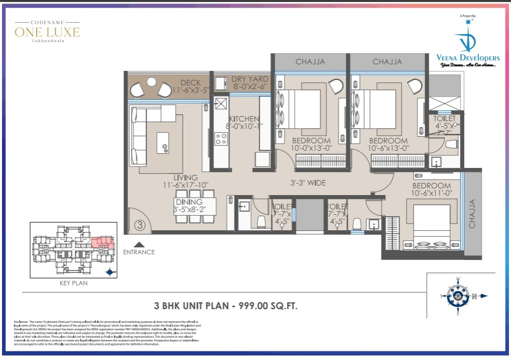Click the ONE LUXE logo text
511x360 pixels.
47,33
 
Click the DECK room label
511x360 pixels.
190,83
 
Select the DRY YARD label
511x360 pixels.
250,79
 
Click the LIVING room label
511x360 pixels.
185,178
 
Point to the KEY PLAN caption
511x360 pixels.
73,283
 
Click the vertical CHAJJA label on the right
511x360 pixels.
472,214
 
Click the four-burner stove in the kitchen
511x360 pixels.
220,138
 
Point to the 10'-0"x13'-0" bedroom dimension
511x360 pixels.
311,148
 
